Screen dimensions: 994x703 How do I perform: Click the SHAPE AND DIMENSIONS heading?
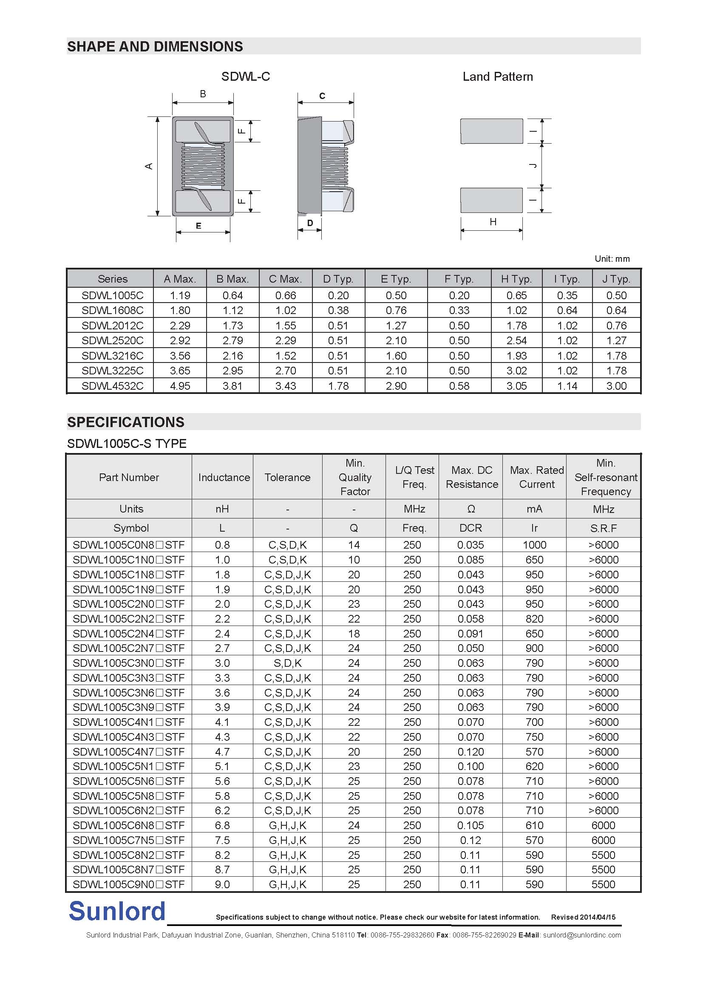click(155, 47)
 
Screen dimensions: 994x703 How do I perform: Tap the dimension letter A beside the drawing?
click(149, 166)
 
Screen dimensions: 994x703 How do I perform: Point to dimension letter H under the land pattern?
click(493, 222)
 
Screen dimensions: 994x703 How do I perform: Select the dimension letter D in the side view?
click(310, 223)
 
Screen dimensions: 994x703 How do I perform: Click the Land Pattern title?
click(497, 76)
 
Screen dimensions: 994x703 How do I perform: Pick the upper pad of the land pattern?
click(491, 131)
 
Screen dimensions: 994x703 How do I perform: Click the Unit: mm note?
click(612, 259)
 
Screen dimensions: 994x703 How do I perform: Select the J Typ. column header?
click(616, 279)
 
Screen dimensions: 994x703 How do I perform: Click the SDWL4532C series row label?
click(112, 386)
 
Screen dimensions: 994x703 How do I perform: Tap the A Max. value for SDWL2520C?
click(180, 341)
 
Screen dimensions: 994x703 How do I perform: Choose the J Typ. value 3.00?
click(616, 386)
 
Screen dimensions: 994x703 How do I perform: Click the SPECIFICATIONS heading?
click(125, 422)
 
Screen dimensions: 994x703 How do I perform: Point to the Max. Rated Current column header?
click(536, 477)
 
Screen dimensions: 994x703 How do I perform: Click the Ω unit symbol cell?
click(471, 509)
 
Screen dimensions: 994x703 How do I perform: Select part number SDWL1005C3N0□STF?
click(128, 663)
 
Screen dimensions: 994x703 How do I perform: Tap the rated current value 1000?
click(534, 545)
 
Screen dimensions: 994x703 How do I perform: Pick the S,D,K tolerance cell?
click(287, 663)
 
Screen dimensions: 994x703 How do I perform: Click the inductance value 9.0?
click(222, 884)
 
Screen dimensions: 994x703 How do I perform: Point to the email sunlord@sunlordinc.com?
click(582, 935)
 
